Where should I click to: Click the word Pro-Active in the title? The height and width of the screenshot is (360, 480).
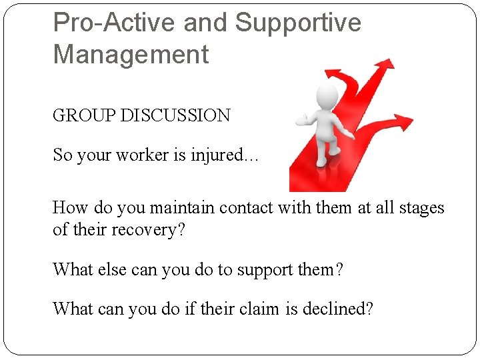[114, 23]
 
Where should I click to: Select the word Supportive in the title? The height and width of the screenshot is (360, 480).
[298, 23]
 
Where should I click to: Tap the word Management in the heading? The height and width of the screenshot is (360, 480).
[131, 55]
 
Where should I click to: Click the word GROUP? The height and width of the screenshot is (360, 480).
[85, 115]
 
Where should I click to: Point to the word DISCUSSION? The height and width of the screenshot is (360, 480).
[175, 115]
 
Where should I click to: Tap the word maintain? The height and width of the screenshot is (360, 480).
[175, 208]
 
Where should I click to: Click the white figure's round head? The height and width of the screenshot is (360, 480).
[328, 94]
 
